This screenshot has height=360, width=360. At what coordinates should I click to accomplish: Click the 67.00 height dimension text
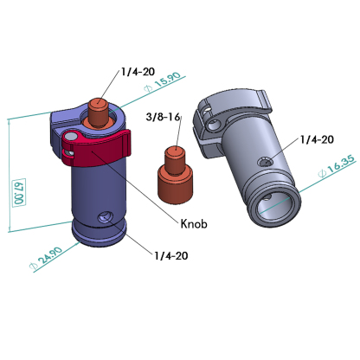tap(17, 192)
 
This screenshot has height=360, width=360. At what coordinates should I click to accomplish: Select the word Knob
tap(194, 223)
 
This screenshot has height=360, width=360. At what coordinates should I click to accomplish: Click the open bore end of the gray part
tap(274, 203)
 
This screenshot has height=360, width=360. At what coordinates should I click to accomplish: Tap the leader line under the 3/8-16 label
tap(177, 137)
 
